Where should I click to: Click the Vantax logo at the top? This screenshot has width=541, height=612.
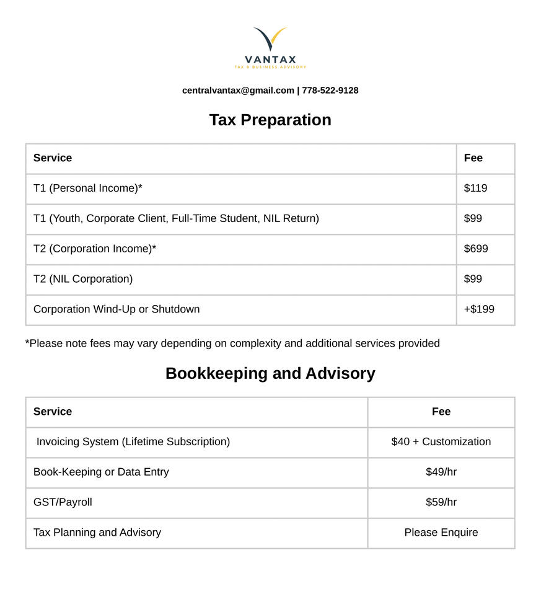coord(270,47)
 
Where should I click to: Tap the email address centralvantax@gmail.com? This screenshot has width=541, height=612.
coord(238,91)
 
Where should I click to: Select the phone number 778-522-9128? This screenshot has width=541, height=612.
coord(330,91)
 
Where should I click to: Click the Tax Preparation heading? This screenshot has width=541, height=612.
coord(270,120)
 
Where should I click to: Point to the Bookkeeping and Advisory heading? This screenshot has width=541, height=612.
coord(270,373)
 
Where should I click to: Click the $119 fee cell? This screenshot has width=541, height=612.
coord(475,188)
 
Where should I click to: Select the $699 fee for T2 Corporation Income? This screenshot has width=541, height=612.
coord(476,249)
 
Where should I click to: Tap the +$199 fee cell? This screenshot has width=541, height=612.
coord(479,309)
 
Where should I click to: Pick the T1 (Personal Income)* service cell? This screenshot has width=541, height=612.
coord(88,188)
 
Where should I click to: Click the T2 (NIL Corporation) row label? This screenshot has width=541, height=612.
coord(83,279)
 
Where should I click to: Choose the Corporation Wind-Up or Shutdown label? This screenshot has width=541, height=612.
coord(117,309)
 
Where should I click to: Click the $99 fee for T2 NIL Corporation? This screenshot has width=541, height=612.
coord(473,279)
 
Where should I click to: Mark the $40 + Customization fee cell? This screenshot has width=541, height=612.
coord(441,441)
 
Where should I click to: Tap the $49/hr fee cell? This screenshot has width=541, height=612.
coord(441,472)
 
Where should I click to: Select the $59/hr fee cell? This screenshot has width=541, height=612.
coord(441,502)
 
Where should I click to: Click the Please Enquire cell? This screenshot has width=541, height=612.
coord(441,533)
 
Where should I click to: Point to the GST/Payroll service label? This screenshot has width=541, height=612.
coord(63,502)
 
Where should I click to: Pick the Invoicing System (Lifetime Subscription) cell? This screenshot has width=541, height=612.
coord(133,441)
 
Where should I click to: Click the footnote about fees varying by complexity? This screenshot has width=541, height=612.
coord(232,344)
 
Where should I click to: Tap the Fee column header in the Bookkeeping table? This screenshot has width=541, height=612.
coord(441,412)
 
